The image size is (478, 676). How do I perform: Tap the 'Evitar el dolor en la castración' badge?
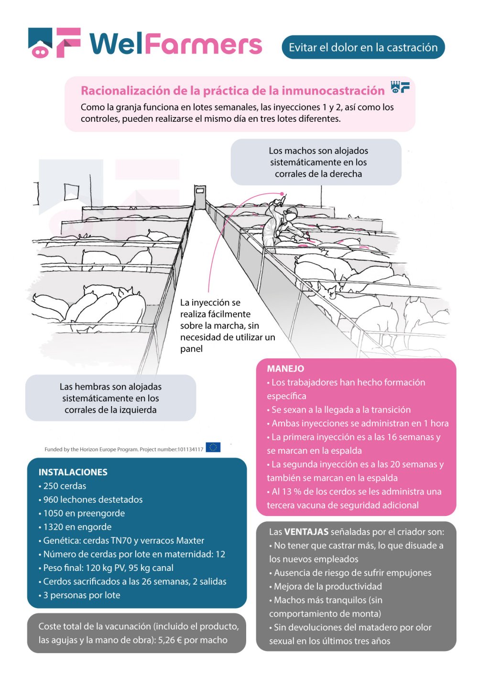tap(363, 47)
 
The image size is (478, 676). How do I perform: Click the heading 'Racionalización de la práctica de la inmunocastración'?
tap(232, 91)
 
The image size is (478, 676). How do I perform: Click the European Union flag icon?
tap(213, 448)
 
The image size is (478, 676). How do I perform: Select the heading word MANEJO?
tap(285, 369)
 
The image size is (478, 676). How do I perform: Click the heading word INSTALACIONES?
tap(73, 472)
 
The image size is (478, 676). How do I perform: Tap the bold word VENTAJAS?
tap(306, 532)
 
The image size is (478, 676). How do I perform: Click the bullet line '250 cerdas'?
tap(65, 486)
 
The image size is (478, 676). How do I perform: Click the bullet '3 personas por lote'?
tap(81, 595)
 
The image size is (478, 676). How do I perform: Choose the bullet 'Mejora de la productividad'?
tap(327, 586)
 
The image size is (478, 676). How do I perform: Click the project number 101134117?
tap(190, 449)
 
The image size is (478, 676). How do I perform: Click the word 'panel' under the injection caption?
tap(191, 349)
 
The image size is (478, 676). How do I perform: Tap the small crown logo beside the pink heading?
tap(400, 87)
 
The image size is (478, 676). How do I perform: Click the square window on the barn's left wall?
tap(71, 192)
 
